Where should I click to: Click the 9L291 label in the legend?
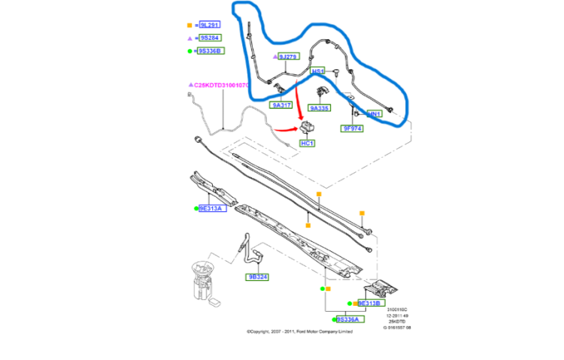[x=210, y=25]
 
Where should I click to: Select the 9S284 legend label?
[x=210, y=38]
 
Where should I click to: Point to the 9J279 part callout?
[x=288, y=56]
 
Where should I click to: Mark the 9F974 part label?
[x=353, y=129]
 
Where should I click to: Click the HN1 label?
[x=374, y=114]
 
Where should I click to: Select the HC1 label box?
[x=307, y=143]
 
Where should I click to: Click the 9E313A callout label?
[x=211, y=208]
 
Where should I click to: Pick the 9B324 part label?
[x=258, y=277]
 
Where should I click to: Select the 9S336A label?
[x=350, y=319]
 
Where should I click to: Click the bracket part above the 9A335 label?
[x=321, y=92]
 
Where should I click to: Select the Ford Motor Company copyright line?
[x=299, y=331]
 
